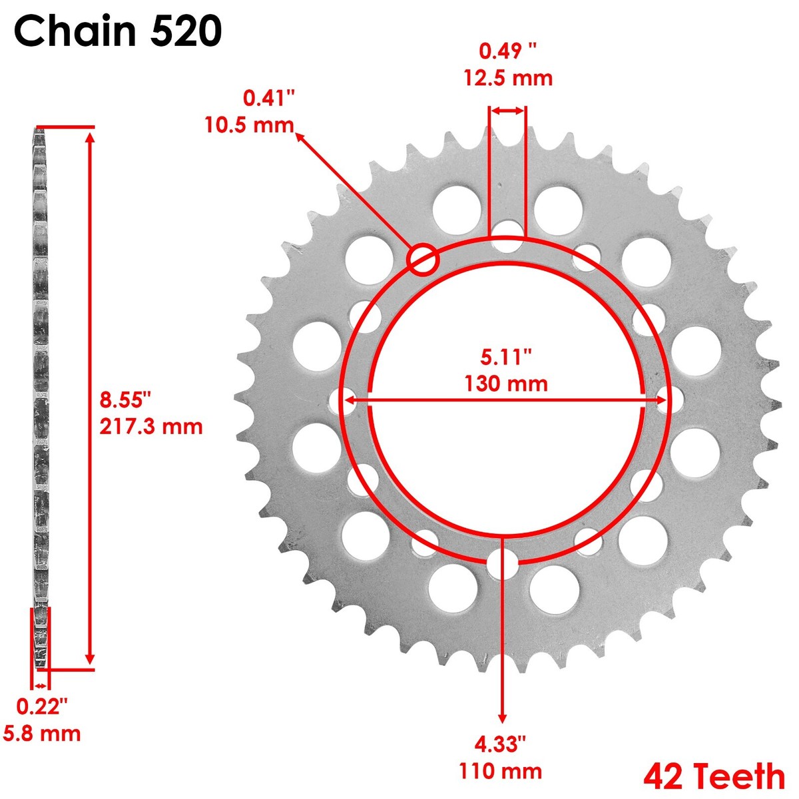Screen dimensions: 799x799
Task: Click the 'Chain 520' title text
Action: click(118, 31)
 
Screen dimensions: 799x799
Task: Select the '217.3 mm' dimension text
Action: click(151, 426)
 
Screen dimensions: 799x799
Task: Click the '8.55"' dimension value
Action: click(126, 400)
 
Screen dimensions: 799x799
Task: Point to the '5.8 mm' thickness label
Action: click(42, 734)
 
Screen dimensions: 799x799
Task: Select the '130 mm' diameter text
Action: click(506, 384)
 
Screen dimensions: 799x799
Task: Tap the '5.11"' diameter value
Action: click(506, 357)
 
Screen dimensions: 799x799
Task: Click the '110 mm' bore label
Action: click(500, 771)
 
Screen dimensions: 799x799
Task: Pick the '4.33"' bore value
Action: click(501, 744)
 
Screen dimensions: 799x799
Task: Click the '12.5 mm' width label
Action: click(508, 78)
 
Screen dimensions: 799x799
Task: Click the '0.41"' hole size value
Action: click(269, 99)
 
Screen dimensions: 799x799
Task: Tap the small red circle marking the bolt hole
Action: click(423, 259)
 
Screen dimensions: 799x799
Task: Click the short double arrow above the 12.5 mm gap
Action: click(508, 112)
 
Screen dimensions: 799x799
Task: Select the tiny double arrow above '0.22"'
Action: click(41, 686)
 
